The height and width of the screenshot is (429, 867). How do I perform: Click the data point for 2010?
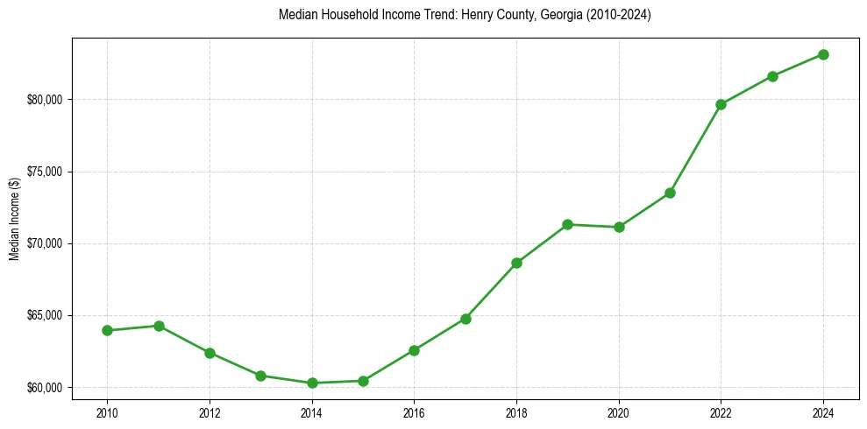point(107,330)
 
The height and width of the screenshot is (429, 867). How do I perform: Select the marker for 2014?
point(311,383)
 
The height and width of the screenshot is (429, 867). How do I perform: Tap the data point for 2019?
point(567,224)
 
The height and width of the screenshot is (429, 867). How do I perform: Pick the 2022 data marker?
point(721,104)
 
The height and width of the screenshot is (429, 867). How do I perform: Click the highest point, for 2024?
point(823,54)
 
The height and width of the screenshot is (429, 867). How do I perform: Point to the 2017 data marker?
point(465,319)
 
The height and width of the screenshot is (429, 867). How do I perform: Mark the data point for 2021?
point(670,193)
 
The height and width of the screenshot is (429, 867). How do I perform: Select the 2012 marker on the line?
point(210,353)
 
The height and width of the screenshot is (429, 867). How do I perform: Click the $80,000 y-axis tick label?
point(45,99)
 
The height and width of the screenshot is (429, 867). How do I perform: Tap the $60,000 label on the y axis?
point(45,387)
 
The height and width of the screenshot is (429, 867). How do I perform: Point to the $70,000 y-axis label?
point(45,243)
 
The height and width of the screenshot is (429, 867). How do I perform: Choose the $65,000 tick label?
point(45,315)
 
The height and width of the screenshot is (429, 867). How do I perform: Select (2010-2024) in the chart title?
point(617,15)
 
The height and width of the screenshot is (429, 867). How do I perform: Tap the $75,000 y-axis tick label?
point(45,172)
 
